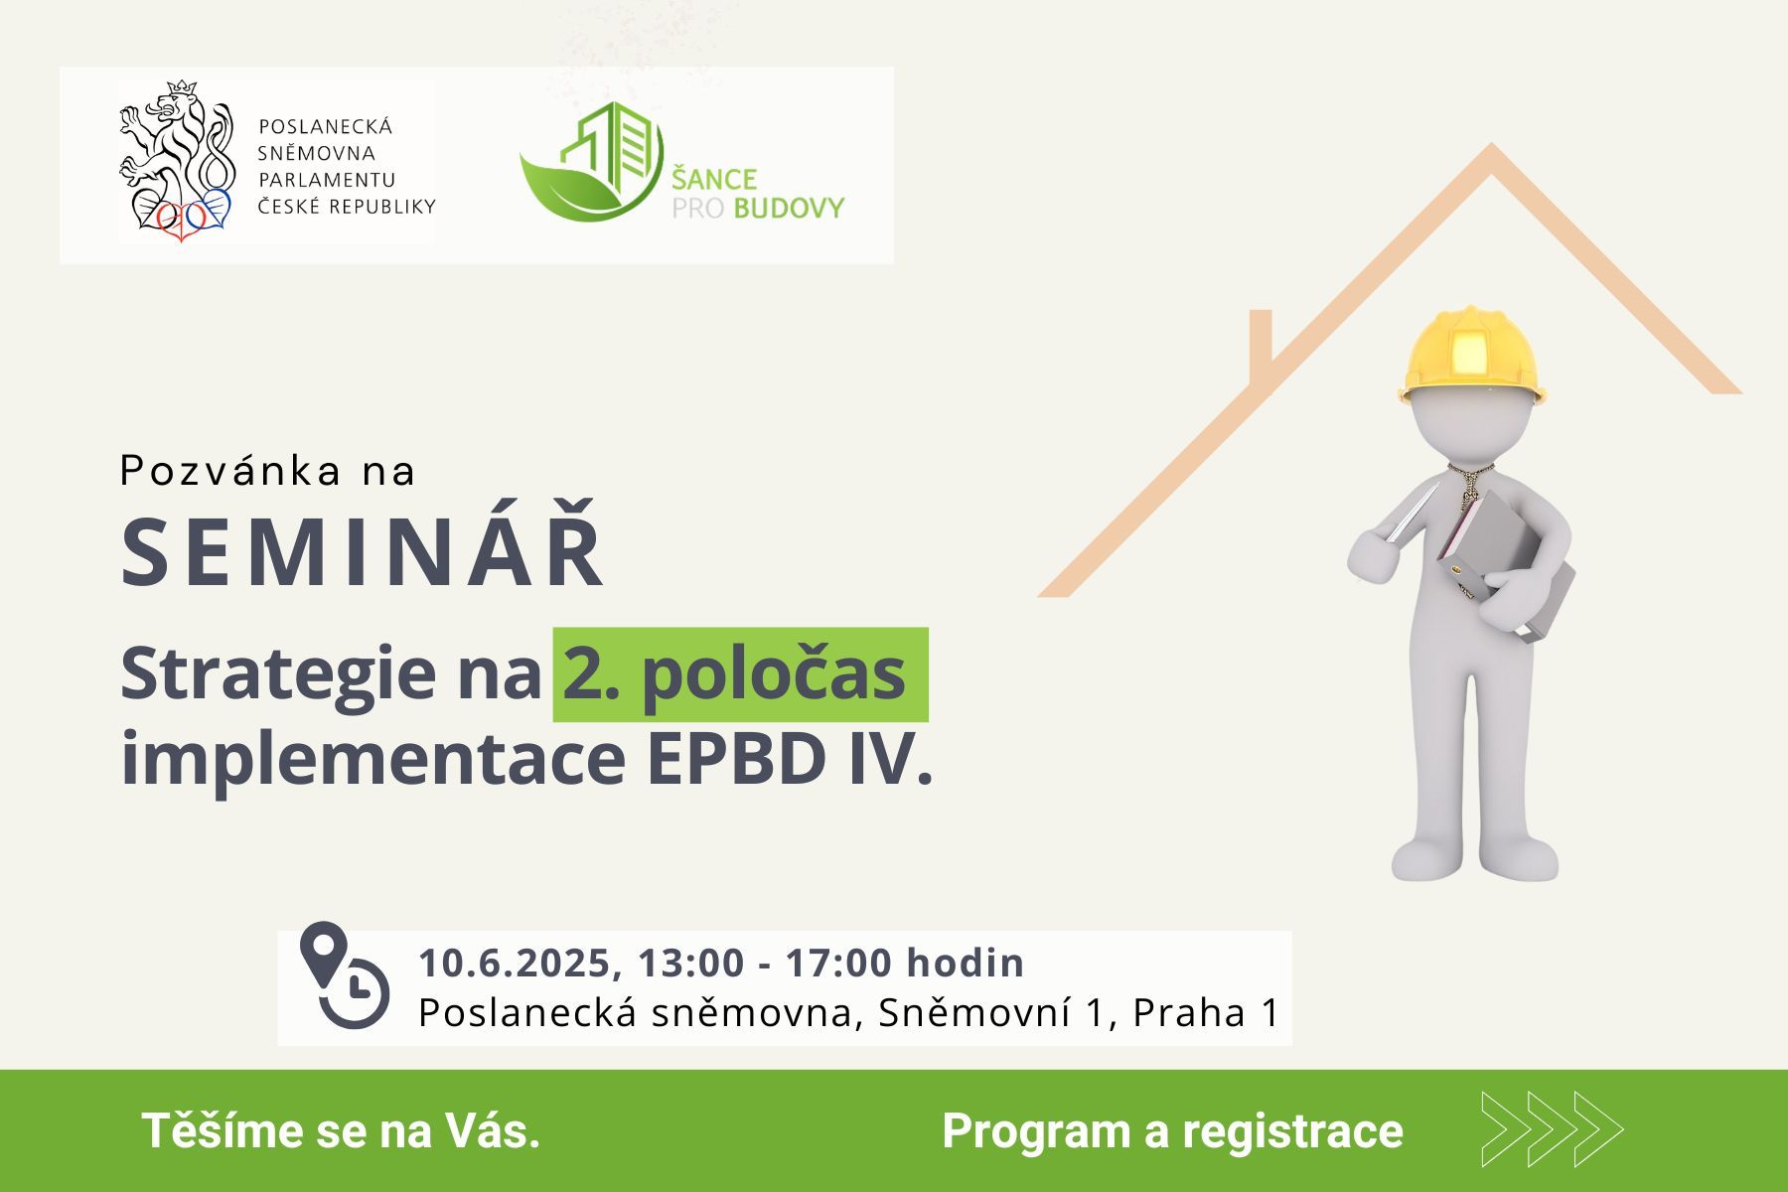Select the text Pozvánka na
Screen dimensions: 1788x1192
tap(267, 471)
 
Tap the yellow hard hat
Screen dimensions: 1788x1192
tap(1472, 355)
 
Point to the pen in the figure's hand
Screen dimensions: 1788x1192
tap(1412, 514)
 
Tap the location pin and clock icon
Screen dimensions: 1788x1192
tap(345, 975)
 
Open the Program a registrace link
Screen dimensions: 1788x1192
tap(1172, 1130)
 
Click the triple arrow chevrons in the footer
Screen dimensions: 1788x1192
tap(1552, 1129)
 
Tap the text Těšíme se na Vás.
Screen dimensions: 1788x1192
tap(341, 1130)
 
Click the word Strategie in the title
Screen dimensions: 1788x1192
tap(278, 675)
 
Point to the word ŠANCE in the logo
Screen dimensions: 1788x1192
tap(714, 178)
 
